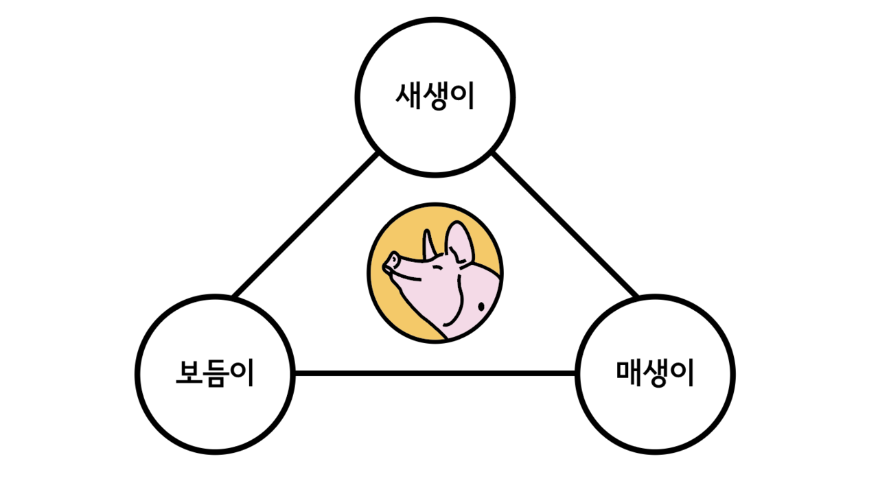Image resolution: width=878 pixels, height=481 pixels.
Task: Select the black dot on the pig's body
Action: click(481, 305)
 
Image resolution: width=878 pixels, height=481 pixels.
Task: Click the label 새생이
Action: click(435, 96)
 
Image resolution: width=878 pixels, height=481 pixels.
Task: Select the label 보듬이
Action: click(215, 373)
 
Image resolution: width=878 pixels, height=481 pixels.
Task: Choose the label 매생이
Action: click(654, 373)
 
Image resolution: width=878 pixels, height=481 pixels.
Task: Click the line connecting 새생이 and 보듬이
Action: click(305, 226)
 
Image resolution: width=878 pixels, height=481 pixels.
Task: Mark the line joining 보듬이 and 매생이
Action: click(435, 373)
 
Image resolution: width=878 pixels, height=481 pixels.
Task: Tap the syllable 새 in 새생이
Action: click(408, 96)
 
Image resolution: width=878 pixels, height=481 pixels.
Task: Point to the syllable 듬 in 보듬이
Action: click(215, 374)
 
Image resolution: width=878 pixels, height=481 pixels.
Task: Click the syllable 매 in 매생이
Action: click(628, 373)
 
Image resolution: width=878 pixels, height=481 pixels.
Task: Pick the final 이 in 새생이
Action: click(463, 96)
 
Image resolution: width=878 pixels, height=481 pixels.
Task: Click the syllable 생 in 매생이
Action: click(655, 374)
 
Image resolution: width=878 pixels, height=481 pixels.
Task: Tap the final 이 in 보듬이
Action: click(242, 373)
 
